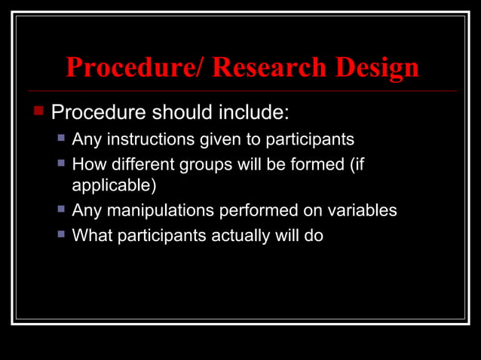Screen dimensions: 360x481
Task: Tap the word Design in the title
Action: [372, 68]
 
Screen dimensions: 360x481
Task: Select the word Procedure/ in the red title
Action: [135, 68]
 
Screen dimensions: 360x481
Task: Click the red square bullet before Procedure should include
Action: [39, 111]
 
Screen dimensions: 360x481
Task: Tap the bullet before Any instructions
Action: [62, 139]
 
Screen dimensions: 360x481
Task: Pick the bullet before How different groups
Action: [62, 163]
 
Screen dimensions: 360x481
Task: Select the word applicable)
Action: [113, 184]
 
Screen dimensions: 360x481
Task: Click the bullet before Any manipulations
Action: [62, 210]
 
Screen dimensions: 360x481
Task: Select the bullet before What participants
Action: [62, 234]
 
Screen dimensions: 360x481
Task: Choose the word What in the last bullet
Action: [89, 236]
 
